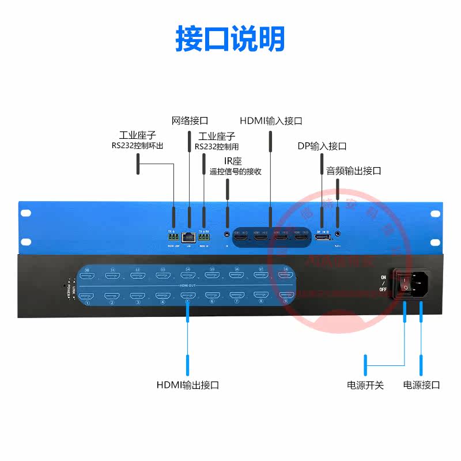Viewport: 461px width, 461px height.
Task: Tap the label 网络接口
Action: (x=190, y=121)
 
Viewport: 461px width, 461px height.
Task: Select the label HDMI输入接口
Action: (x=271, y=121)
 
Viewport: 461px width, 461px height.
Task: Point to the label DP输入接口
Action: (x=322, y=146)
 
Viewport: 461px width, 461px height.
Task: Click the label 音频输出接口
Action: (x=354, y=171)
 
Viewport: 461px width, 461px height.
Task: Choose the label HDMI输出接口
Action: (x=188, y=385)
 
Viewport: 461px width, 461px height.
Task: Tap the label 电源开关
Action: (x=365, y=385)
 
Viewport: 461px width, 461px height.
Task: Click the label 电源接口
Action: (x=421, y=385)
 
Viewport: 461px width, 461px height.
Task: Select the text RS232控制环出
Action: (x=138, y=146)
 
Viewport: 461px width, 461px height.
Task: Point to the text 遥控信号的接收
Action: (x=235, y=171)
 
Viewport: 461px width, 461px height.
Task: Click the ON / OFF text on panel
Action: (x=384, y=283)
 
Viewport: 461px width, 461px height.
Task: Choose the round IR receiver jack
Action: (x=227, y=235)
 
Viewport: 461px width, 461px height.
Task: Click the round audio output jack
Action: (x=337, y=235)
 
